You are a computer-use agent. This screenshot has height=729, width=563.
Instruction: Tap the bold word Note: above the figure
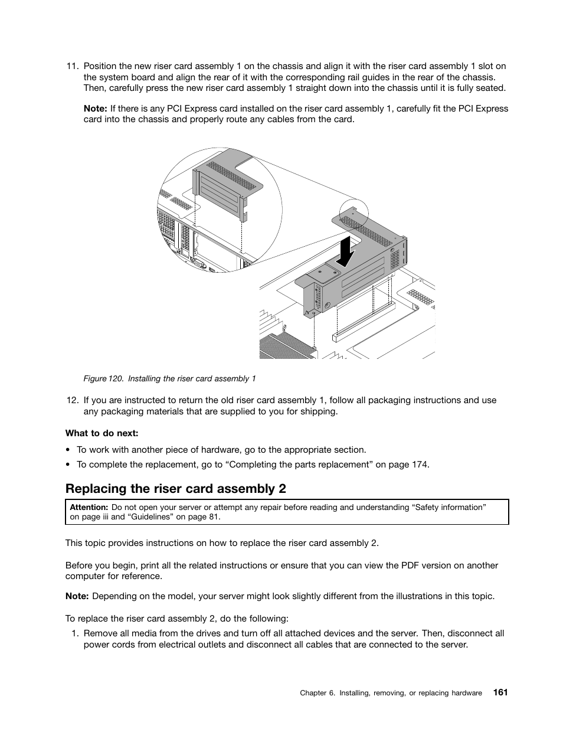tap(95, 109)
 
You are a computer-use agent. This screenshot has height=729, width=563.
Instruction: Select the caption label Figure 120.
tap(103, 379)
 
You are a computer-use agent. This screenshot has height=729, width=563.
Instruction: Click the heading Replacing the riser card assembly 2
tap(176, 489)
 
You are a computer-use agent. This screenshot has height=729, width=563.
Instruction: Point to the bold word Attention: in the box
tap(89, 507)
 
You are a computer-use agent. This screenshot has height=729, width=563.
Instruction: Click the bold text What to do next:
tap(102, 433)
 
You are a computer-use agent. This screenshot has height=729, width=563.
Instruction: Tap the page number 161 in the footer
tap(500, 692)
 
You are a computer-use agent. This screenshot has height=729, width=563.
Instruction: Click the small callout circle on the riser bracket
tap(353, 213)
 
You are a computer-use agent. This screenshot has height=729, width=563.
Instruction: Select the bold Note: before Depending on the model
tap(77, 596)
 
